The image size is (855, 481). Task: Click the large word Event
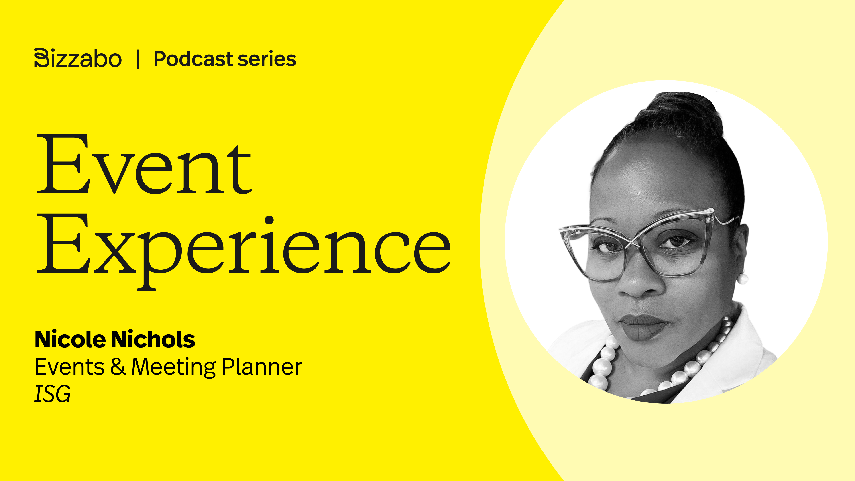145,164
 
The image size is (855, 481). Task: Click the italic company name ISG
53,394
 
